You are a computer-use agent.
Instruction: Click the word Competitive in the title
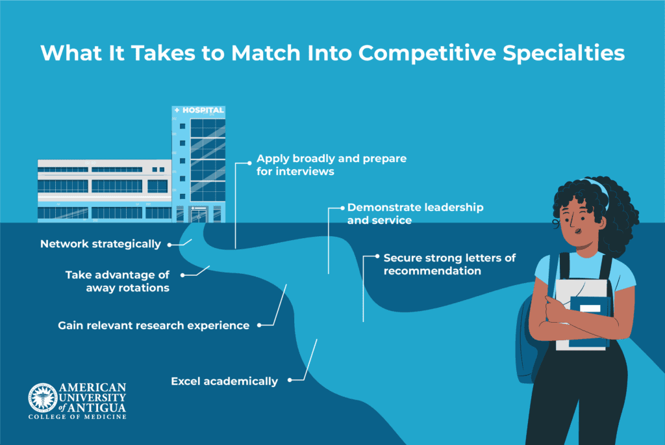coord(427,53)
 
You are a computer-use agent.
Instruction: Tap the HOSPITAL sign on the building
coord(199,111)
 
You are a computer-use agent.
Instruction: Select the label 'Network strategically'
coord(101,244)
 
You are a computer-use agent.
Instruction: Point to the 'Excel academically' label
coord(224,381)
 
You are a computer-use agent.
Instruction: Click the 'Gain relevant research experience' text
coord(153,325)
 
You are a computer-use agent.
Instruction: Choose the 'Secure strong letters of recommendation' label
coord(449,264)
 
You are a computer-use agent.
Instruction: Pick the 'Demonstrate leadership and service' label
coord(415,214)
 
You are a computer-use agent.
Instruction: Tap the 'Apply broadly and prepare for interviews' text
coord(331,165)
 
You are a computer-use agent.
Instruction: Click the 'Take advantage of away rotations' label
coord(118,281)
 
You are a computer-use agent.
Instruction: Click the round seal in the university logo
coord(43,398)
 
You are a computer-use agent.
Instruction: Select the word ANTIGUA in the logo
coord(97,408)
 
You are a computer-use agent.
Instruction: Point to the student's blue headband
coord(599,191)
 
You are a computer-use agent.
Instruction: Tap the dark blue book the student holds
coord(590,321)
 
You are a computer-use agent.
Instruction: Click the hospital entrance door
coord(199,215)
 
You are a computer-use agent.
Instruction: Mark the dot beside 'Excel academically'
coord(290,380)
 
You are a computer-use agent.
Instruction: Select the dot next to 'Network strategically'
coord(169,245)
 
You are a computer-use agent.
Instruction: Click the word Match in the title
coord(266,53)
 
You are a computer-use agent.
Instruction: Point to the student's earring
coord(556,222)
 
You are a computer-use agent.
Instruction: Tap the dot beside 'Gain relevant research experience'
coord(259,325)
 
